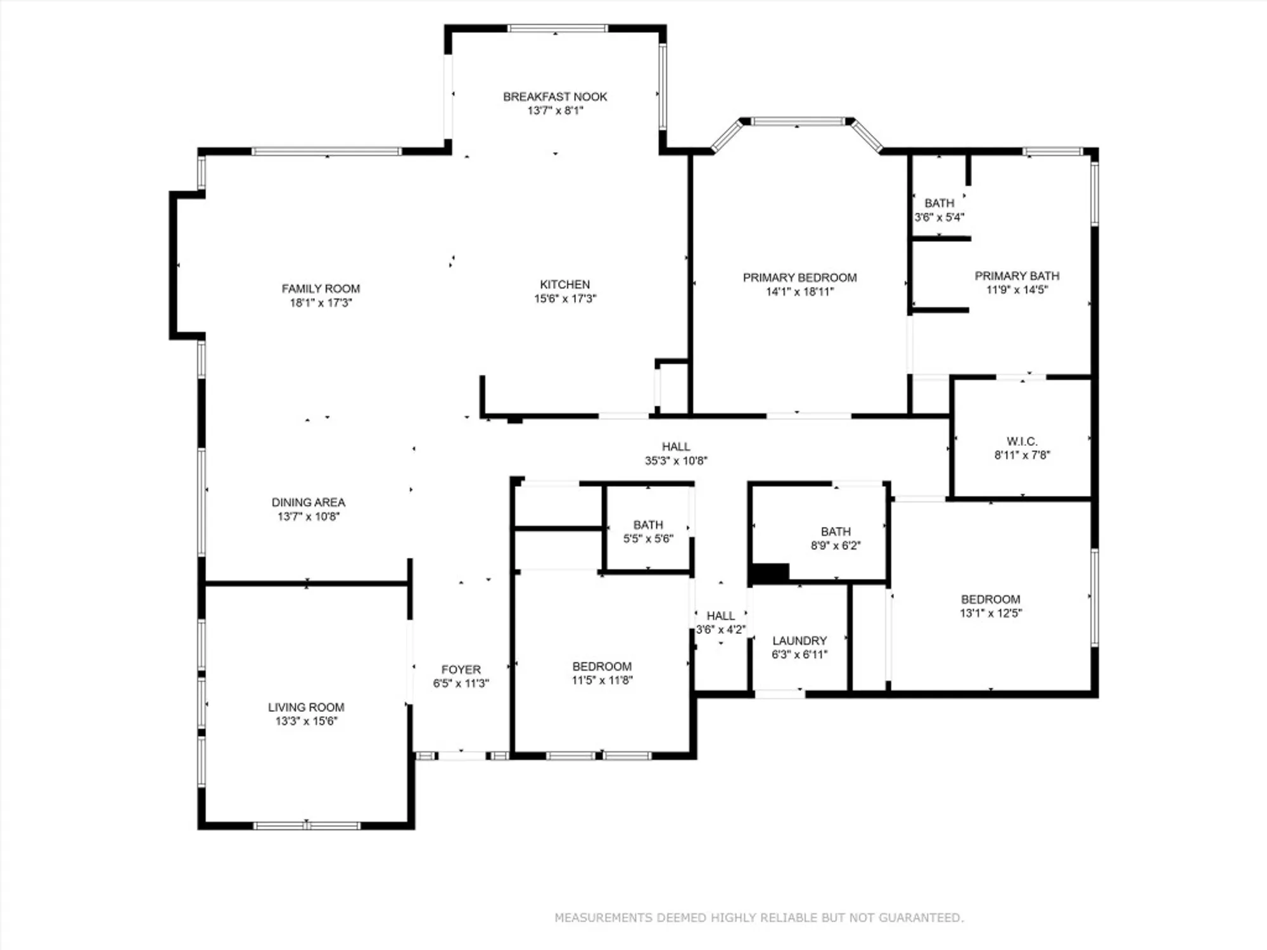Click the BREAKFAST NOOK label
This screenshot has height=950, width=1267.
tap(555, 96)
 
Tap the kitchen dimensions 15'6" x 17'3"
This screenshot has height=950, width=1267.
tap(565, 298)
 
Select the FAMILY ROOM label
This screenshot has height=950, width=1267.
tap(321, 288)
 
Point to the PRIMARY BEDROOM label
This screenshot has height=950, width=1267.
tap(799, 277)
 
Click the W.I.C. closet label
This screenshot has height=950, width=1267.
tap(1021, 441)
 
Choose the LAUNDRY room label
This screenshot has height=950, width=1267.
tap(799, 640)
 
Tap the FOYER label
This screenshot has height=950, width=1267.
tap(461, 669)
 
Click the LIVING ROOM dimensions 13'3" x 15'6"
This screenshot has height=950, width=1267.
tap(306, 721)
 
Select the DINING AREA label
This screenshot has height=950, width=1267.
tap(309, 502)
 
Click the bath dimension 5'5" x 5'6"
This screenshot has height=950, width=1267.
tap(648, 538)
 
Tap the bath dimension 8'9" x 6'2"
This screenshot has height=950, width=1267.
tap(836, 545)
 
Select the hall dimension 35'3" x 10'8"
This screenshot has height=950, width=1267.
tap(676, 460)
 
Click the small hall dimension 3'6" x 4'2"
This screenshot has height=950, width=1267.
tap(720, 630)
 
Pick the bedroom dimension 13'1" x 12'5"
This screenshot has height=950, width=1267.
tap(990, 612)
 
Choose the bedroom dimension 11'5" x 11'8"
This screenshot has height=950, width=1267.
tap(602, 680)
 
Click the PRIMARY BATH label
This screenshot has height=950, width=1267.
tap(1017, 275)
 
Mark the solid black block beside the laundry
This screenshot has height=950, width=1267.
tap(769, 573)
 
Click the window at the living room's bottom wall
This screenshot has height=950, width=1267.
tap(307, 825)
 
